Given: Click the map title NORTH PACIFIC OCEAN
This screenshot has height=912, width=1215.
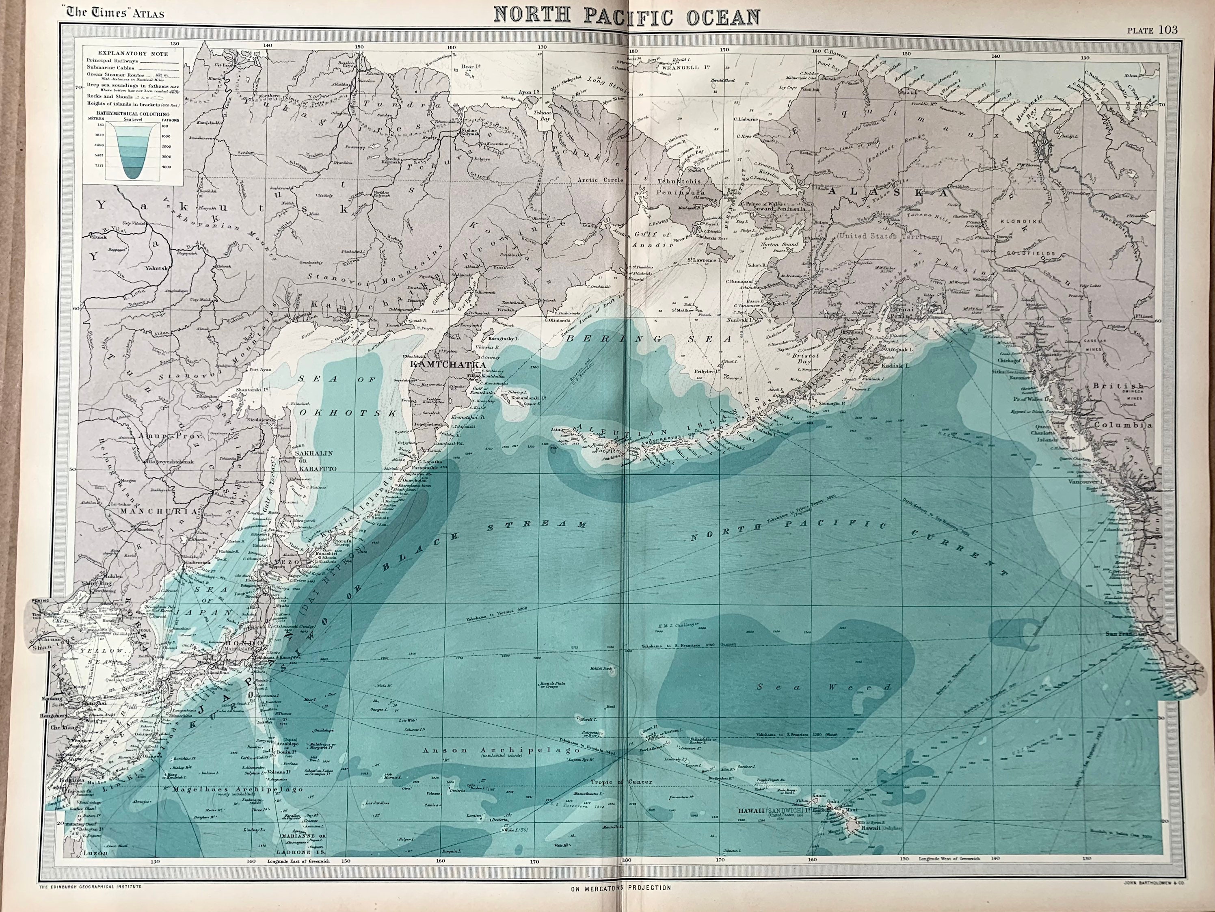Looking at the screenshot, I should point(627,17).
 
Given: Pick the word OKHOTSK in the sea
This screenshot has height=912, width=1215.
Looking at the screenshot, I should point(348,413).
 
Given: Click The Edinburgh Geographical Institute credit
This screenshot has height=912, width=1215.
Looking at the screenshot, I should point(90,886).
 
